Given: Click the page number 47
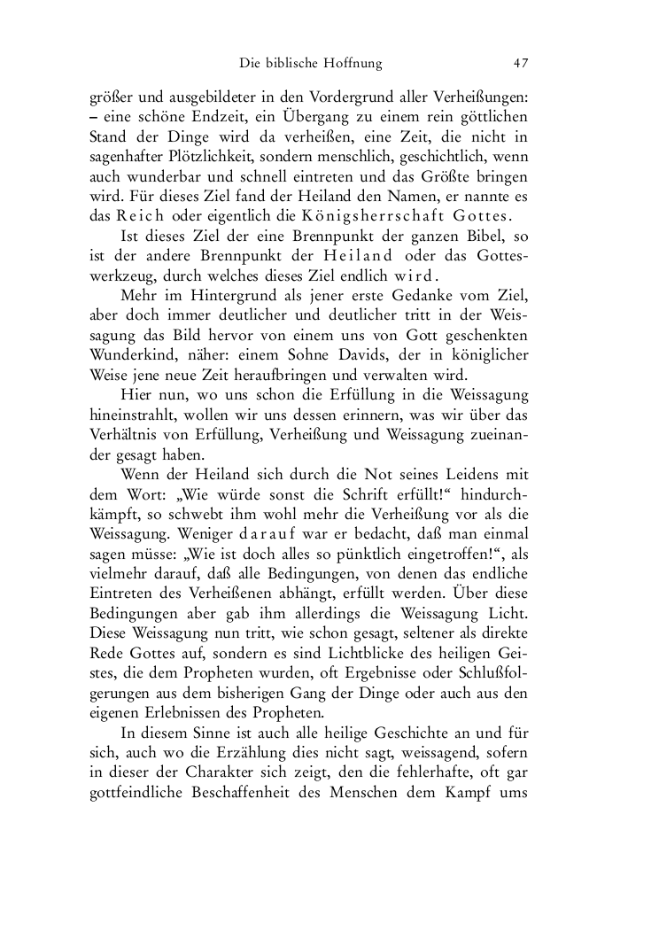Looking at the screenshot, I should [521, 63].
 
